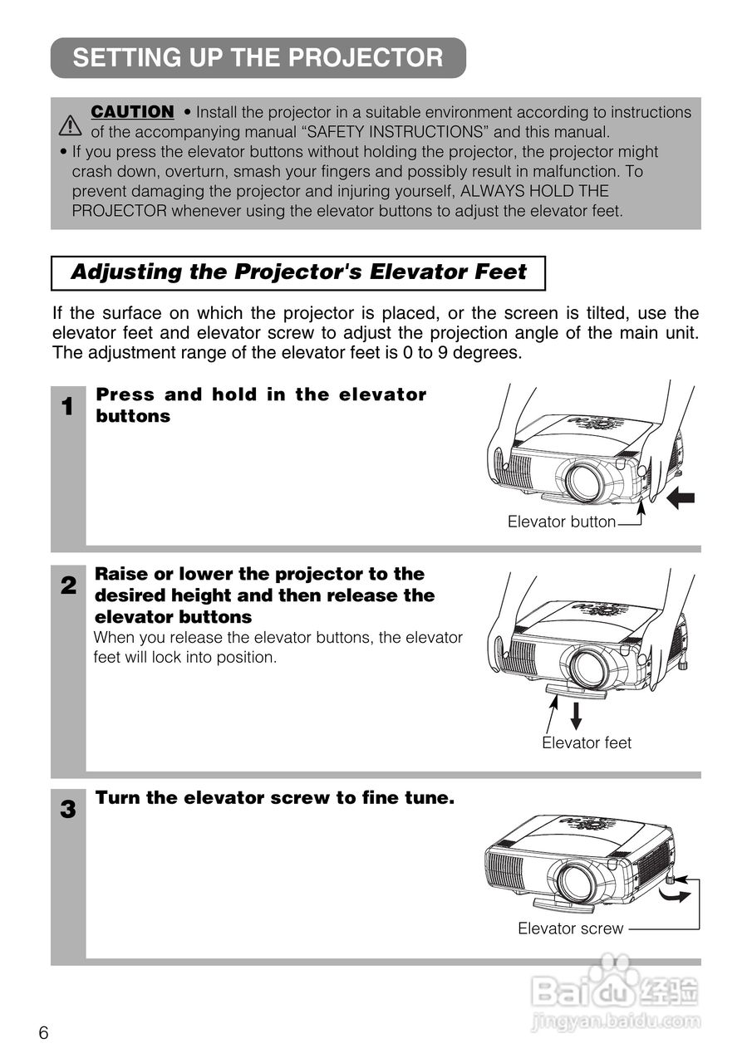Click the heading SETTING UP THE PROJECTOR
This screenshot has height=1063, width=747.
[x=258, y=58]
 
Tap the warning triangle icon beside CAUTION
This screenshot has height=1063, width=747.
[x=71, y=125]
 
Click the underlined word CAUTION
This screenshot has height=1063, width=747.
[x=132, y=111]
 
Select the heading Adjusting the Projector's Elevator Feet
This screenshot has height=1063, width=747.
[x=298, y=272]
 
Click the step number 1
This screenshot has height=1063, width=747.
[x=68, y=407]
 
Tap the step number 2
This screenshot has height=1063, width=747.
[x=68, y=586]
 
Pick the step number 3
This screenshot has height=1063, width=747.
[x=68, y=810]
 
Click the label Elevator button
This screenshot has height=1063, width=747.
[x=562, y=522]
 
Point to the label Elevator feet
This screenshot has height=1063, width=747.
[x=587, y=743]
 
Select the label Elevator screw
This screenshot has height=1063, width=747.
[x=570, y=928]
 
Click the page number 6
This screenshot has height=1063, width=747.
[x=43, y=1033]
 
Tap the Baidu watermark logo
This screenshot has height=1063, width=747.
[x=615, y=992]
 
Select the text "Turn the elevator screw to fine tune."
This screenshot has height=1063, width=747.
[x=275, y=799]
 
